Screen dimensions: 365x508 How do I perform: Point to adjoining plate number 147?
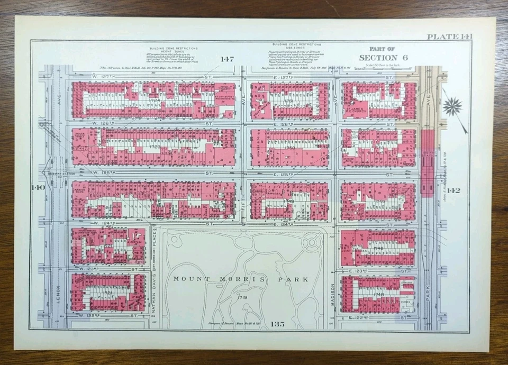tap(227, 59)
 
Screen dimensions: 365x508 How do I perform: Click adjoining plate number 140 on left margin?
tap(39, 188)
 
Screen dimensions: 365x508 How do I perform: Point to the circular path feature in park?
tap(312, 243)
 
